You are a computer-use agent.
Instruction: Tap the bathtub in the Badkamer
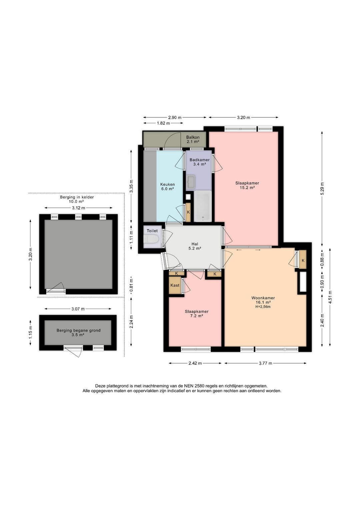click(x=203, y=206)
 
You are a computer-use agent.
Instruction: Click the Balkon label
click(x=193, y=137)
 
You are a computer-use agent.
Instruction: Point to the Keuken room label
click(x=168, y=184)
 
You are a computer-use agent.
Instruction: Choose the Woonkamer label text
click(x=263, y=298)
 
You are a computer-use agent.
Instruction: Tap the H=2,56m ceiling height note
click(x=263, y=307)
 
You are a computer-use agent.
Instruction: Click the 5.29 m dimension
click(x=322, y=188)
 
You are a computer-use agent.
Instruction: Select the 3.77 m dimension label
click(x=265, y=363)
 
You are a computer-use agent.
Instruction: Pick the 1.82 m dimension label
click(x=163, y=123)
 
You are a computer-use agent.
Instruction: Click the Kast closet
click(x=175, y=285)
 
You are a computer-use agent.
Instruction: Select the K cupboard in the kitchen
click(x=188, y=212)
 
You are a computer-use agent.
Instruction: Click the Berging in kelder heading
click(x=77, y=197)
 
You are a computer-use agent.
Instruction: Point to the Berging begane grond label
click(x=79, y=331)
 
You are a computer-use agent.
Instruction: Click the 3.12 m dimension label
click(x=78, y=208)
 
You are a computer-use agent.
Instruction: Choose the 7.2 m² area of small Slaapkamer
click(x=196, y=316)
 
